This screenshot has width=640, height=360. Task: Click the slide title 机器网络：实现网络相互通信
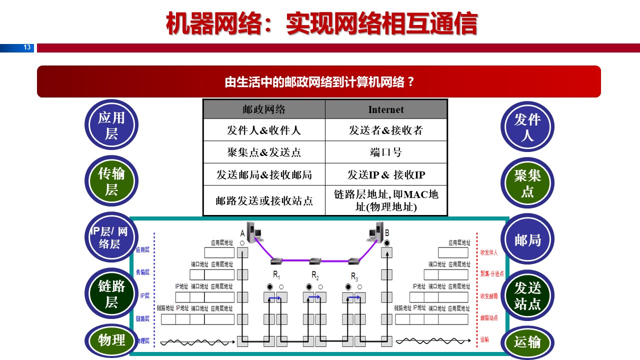click(321, 23)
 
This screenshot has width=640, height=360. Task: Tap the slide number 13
click(27, 48)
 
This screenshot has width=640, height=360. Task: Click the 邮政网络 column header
click(263, 109)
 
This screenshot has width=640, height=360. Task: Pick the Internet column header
click(385, 109)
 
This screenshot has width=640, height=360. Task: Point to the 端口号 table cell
click(385, 152)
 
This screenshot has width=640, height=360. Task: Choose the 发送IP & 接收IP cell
click(385, 174)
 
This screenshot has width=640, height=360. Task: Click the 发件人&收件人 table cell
click(263, 130)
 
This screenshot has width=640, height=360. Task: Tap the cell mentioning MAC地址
click(385, 200)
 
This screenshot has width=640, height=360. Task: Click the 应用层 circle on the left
click(111, 125)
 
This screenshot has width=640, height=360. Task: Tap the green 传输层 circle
click(111, 181)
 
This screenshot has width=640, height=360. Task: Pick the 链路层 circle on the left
click(111, 294)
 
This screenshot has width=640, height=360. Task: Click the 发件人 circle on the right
click(527, 126)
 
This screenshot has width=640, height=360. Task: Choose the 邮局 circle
click(527, 240)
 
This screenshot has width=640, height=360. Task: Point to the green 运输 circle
click(527, 342)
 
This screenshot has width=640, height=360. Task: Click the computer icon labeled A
click(253, 232)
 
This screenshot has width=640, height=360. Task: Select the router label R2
click(315, 275)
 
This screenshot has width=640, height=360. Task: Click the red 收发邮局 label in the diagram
click(489, 296)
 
